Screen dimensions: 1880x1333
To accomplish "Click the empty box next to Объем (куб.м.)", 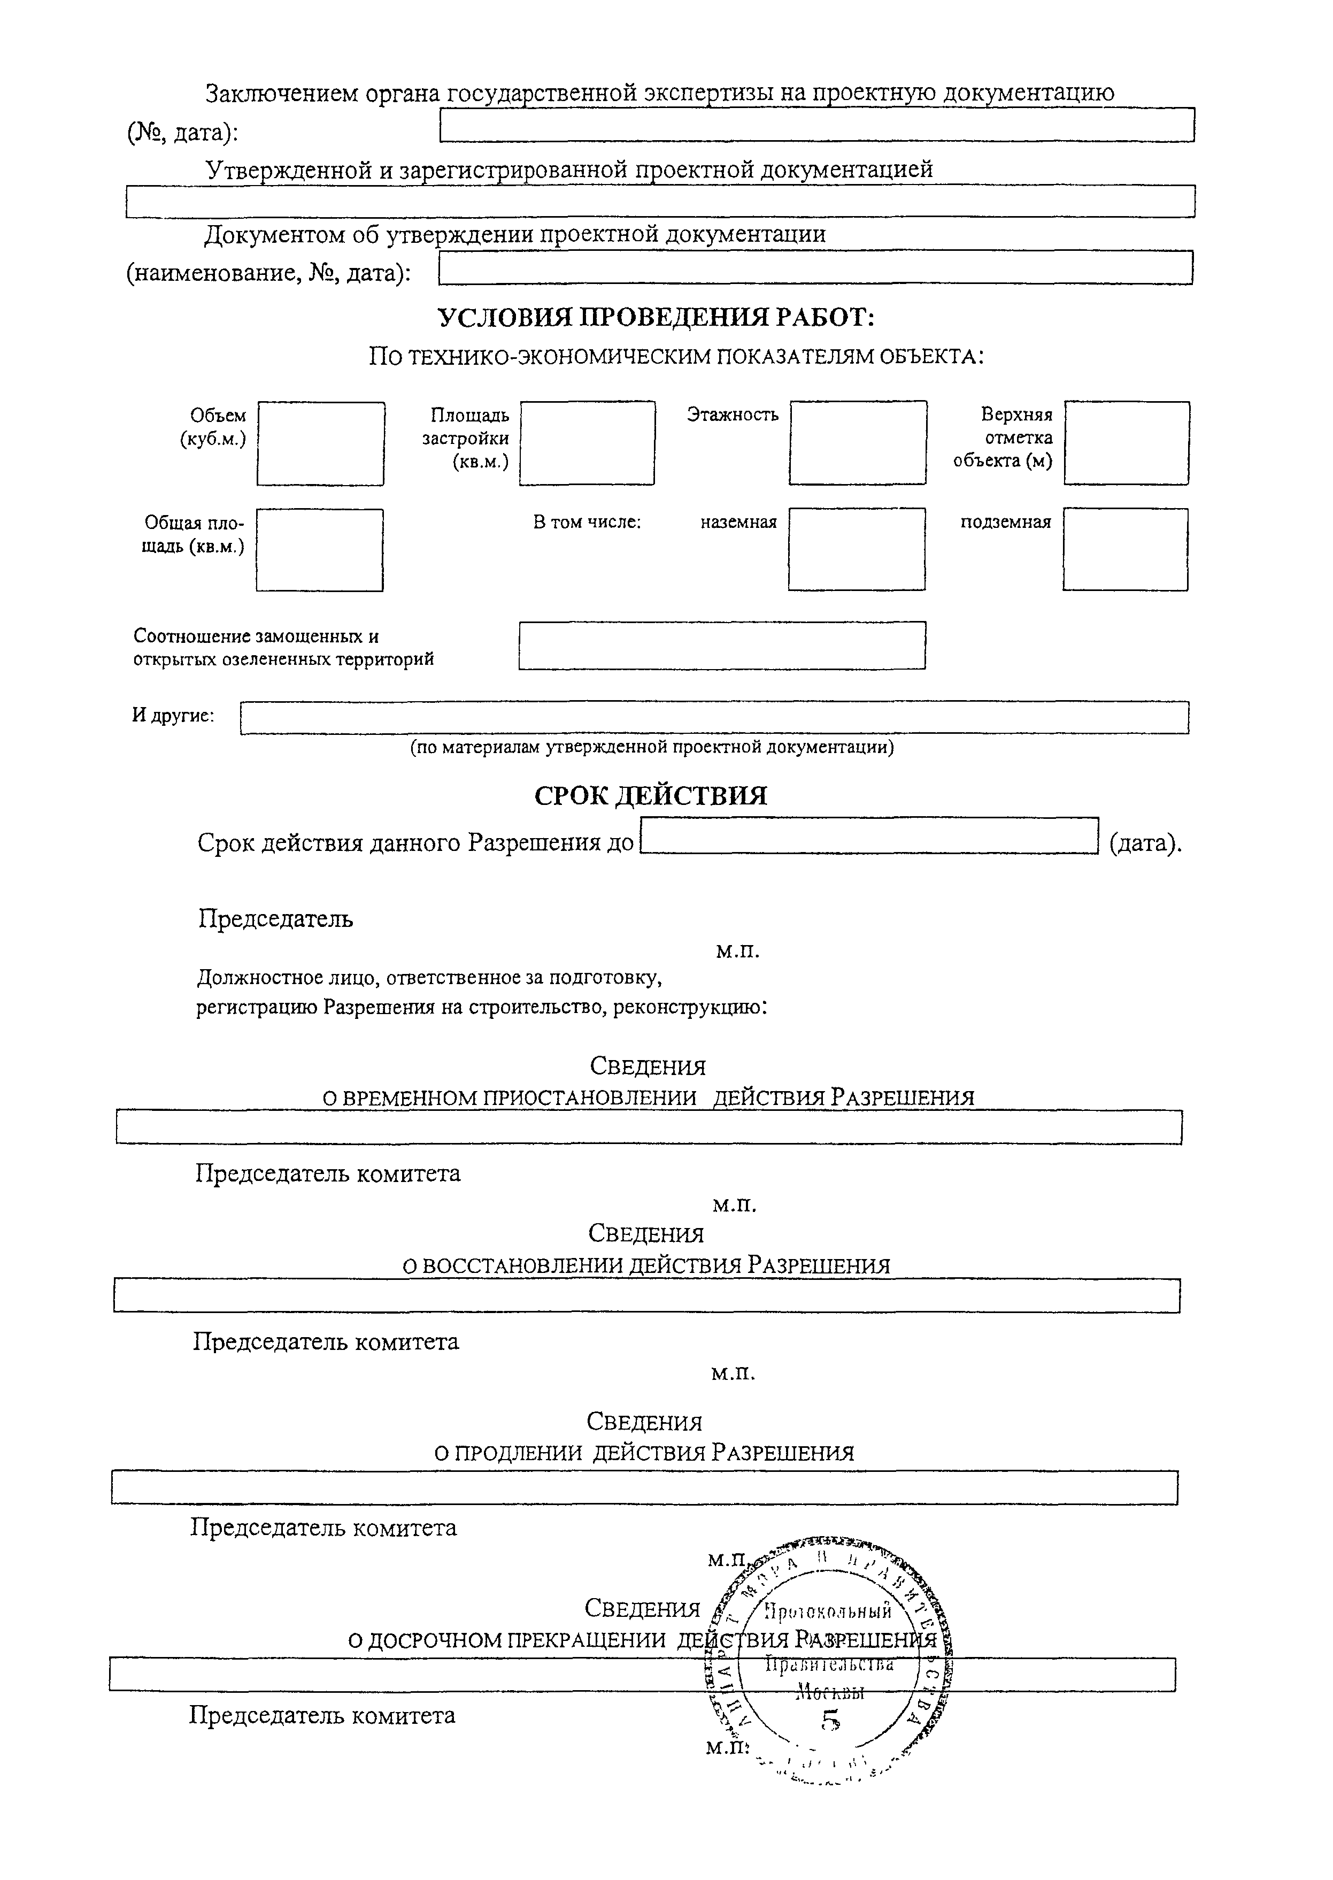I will click(320, 443).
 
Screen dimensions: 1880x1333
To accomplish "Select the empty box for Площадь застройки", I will click(587, 443).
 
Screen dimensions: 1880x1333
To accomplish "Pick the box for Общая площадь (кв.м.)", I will click(319, 550).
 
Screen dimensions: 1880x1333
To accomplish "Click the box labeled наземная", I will click(856, 549).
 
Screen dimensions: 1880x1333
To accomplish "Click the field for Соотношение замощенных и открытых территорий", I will click(721, 645).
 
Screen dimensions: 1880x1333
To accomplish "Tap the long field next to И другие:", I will click(714, 718).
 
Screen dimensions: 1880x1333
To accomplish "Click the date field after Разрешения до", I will click(868, 836).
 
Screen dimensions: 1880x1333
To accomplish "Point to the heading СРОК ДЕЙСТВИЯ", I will click(651, 795).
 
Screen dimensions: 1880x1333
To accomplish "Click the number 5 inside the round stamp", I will click(831, 1720).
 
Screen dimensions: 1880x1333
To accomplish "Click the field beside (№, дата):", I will click(816, 125).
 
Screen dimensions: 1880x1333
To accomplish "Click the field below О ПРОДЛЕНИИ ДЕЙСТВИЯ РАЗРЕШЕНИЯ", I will click(644, 1487).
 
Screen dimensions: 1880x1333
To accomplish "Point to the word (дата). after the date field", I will click(1145, 843).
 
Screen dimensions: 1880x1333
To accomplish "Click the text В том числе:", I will click(587, 522).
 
